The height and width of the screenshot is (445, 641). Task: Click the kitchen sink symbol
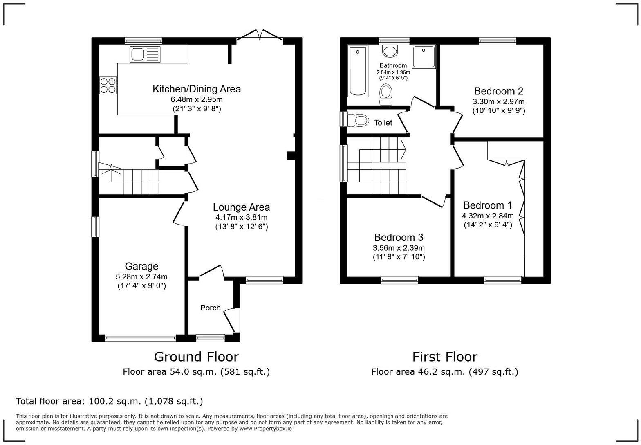click(145, 54)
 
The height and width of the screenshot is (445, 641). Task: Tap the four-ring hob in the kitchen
click(108, 85)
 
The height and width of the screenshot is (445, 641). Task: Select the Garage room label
click(141, 267)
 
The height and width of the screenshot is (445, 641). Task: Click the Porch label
click(210, 308)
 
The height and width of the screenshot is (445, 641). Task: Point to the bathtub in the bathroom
click(358, 71)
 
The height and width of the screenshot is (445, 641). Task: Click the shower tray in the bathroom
click(424, 57)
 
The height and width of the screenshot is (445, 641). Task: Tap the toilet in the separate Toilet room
click(357, 120)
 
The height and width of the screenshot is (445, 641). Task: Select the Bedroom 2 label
click(498, 91)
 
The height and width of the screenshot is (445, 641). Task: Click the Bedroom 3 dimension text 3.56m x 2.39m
click(398, 248)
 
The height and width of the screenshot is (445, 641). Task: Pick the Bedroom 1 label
click(487, 205)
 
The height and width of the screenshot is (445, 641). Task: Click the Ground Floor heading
click(196, 357)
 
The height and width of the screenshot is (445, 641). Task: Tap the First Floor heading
click(444, 357)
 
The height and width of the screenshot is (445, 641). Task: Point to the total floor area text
click(109, 401)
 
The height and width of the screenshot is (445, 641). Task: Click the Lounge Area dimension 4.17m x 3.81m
click(241, 218)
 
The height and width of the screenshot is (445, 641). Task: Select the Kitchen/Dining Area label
click(197, 89)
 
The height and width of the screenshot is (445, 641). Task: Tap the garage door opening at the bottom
click(140, 338)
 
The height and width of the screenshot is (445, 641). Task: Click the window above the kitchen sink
click(143, 40)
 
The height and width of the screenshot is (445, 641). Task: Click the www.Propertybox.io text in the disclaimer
click(265, 429)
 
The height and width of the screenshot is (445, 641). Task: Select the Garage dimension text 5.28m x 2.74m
click(141, 277)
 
